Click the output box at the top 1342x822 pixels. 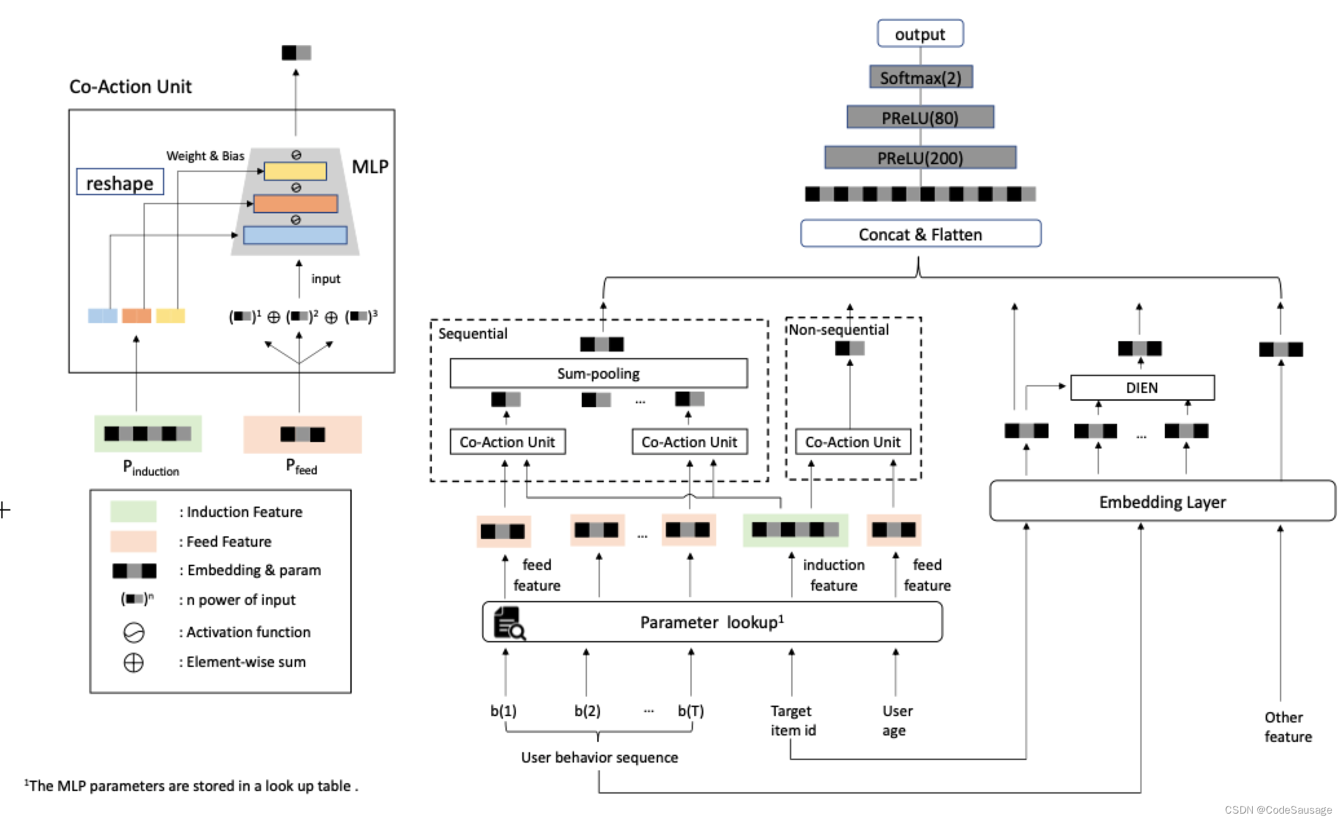coord(919,34)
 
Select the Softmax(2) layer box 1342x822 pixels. coord(921,78)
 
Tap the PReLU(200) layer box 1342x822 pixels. coord(920,158)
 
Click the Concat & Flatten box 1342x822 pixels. coord(920,234)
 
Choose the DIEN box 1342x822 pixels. coord(1142,388)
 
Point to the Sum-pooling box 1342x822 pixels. coord(598,374)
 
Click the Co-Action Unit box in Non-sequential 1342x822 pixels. coord(852,442)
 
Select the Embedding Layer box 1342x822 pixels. coord(1162,501)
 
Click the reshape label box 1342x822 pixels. coord(120,183)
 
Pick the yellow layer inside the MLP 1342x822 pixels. coord(295,171)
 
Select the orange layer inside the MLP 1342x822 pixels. coord(295,204)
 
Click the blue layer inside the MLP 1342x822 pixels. coord(295,235)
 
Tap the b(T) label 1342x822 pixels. coord(690,711)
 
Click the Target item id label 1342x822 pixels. coord(792,721)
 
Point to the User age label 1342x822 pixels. coord(897,721)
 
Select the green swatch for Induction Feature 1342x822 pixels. coord(133,511)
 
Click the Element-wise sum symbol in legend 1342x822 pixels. coord(133,663)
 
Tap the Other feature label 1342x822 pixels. coord(1287,727)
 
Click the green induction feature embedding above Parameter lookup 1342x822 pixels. coord(795,530)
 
